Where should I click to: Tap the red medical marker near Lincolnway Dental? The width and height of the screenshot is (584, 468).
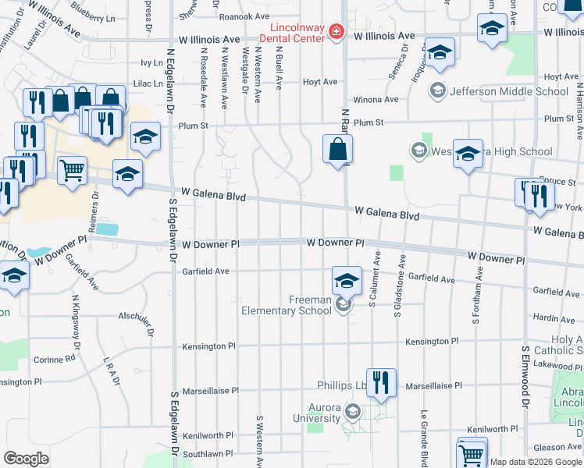click(336, 31)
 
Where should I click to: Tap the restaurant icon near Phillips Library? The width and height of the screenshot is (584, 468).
click(381, 382)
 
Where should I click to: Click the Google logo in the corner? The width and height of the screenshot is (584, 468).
click(26, 459)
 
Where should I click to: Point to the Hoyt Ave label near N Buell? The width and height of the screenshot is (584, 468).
click(319, 81)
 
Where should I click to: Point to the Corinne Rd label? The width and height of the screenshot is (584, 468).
click(55, 360)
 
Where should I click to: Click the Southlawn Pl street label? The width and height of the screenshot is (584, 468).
click(208, 453)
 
